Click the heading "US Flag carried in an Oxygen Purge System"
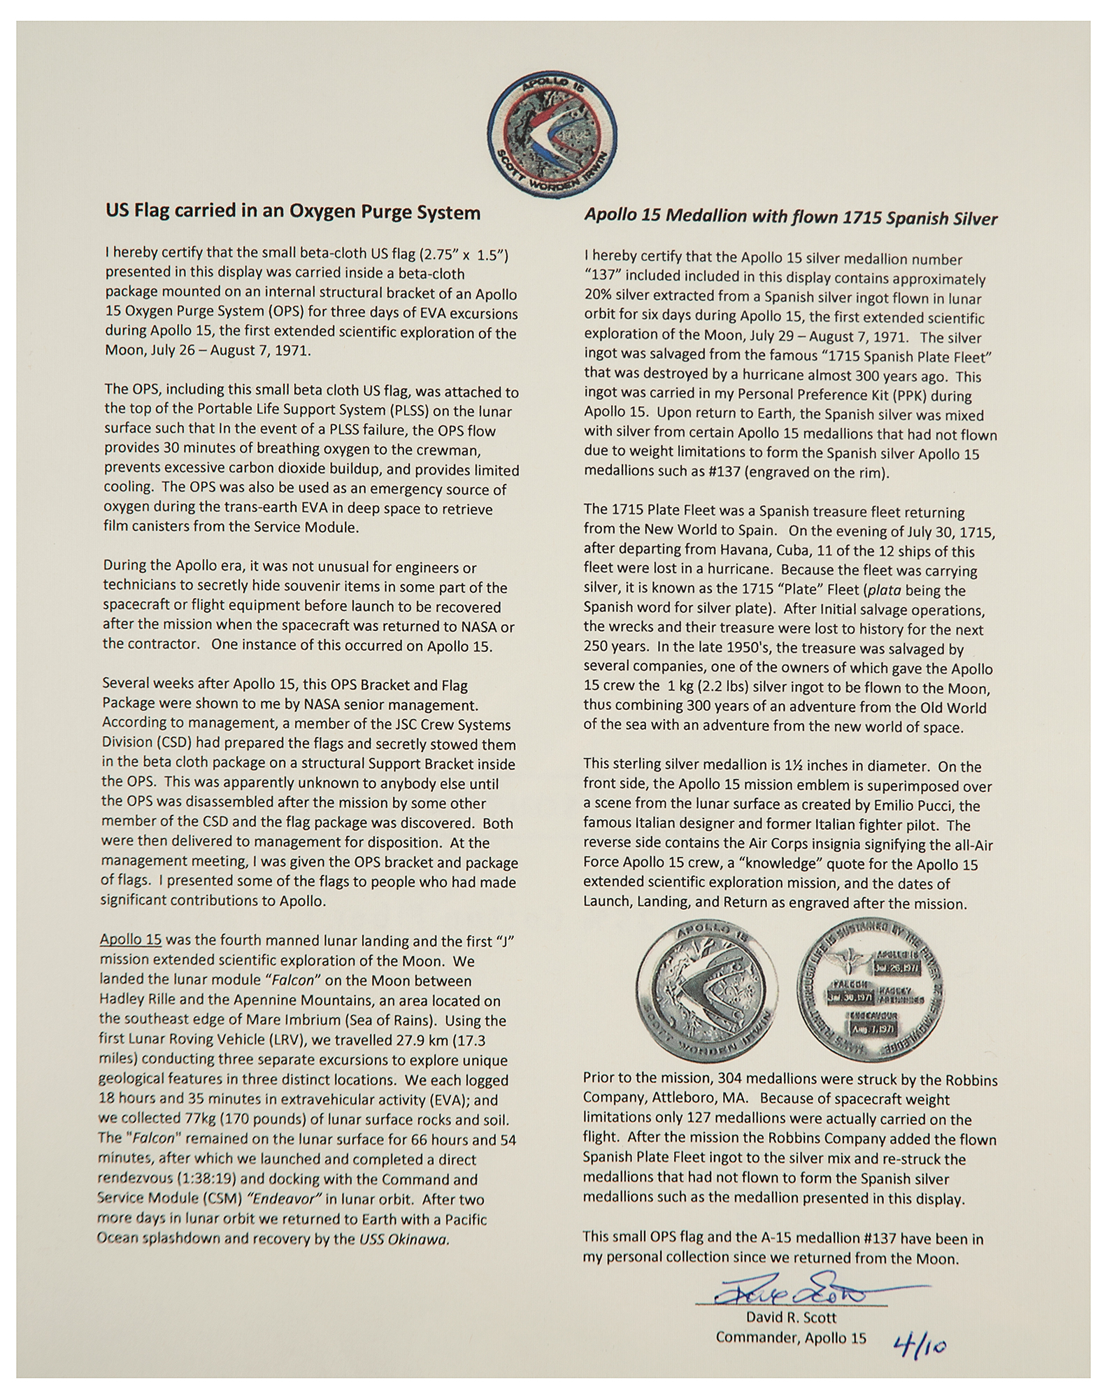292,213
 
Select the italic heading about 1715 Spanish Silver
790,218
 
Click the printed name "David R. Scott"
791,1318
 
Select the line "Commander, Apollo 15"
790,1337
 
